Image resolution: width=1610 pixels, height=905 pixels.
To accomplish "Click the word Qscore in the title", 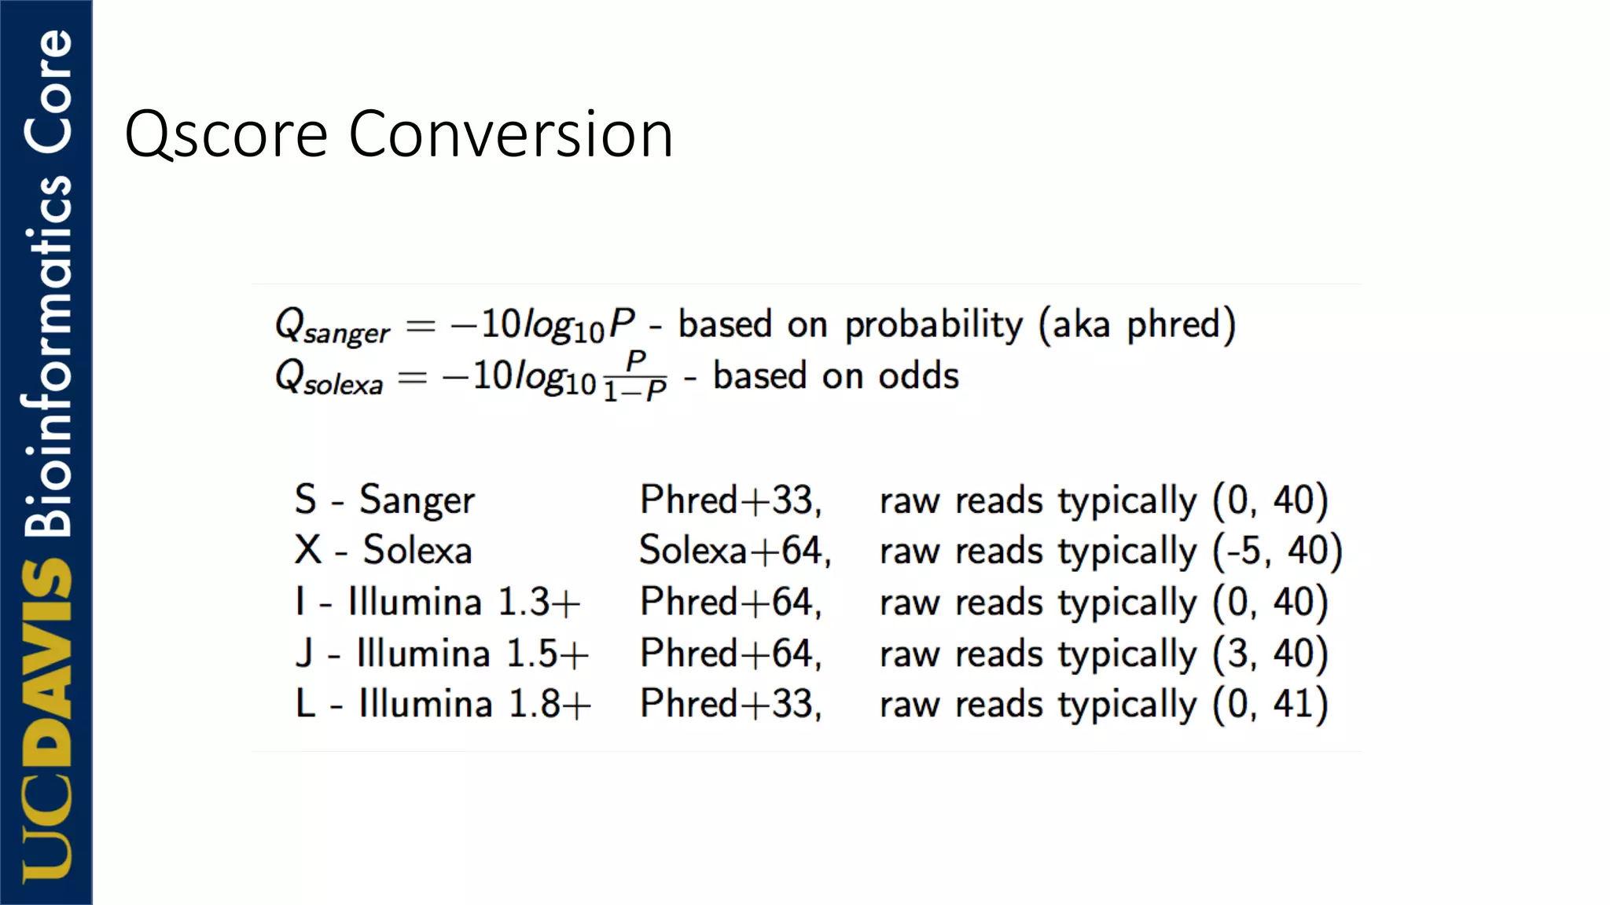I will pos(226,135).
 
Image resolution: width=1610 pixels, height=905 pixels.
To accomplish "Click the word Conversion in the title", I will pos(510,135).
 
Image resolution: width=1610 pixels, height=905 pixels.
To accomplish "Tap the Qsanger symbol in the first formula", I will pos(332,326).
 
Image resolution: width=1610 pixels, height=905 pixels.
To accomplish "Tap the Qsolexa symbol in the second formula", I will pos(329,377).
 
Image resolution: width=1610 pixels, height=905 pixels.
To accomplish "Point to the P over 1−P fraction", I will pos(635,377).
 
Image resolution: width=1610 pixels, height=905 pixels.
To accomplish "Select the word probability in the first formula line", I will pos(934,325).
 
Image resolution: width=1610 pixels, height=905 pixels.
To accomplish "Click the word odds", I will pos(918,376).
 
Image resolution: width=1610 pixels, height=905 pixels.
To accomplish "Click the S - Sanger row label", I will pos(384,500).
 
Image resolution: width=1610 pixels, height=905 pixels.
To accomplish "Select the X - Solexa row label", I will pos(383,550).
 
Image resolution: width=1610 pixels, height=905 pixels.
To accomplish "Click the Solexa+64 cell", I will pos(735,550).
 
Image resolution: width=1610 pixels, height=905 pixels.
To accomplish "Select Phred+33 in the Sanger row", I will pos(730,500).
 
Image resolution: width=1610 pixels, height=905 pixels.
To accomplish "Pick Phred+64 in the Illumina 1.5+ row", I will pos(730,654).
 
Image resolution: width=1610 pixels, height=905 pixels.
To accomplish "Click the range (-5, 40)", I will pos(1277,551).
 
